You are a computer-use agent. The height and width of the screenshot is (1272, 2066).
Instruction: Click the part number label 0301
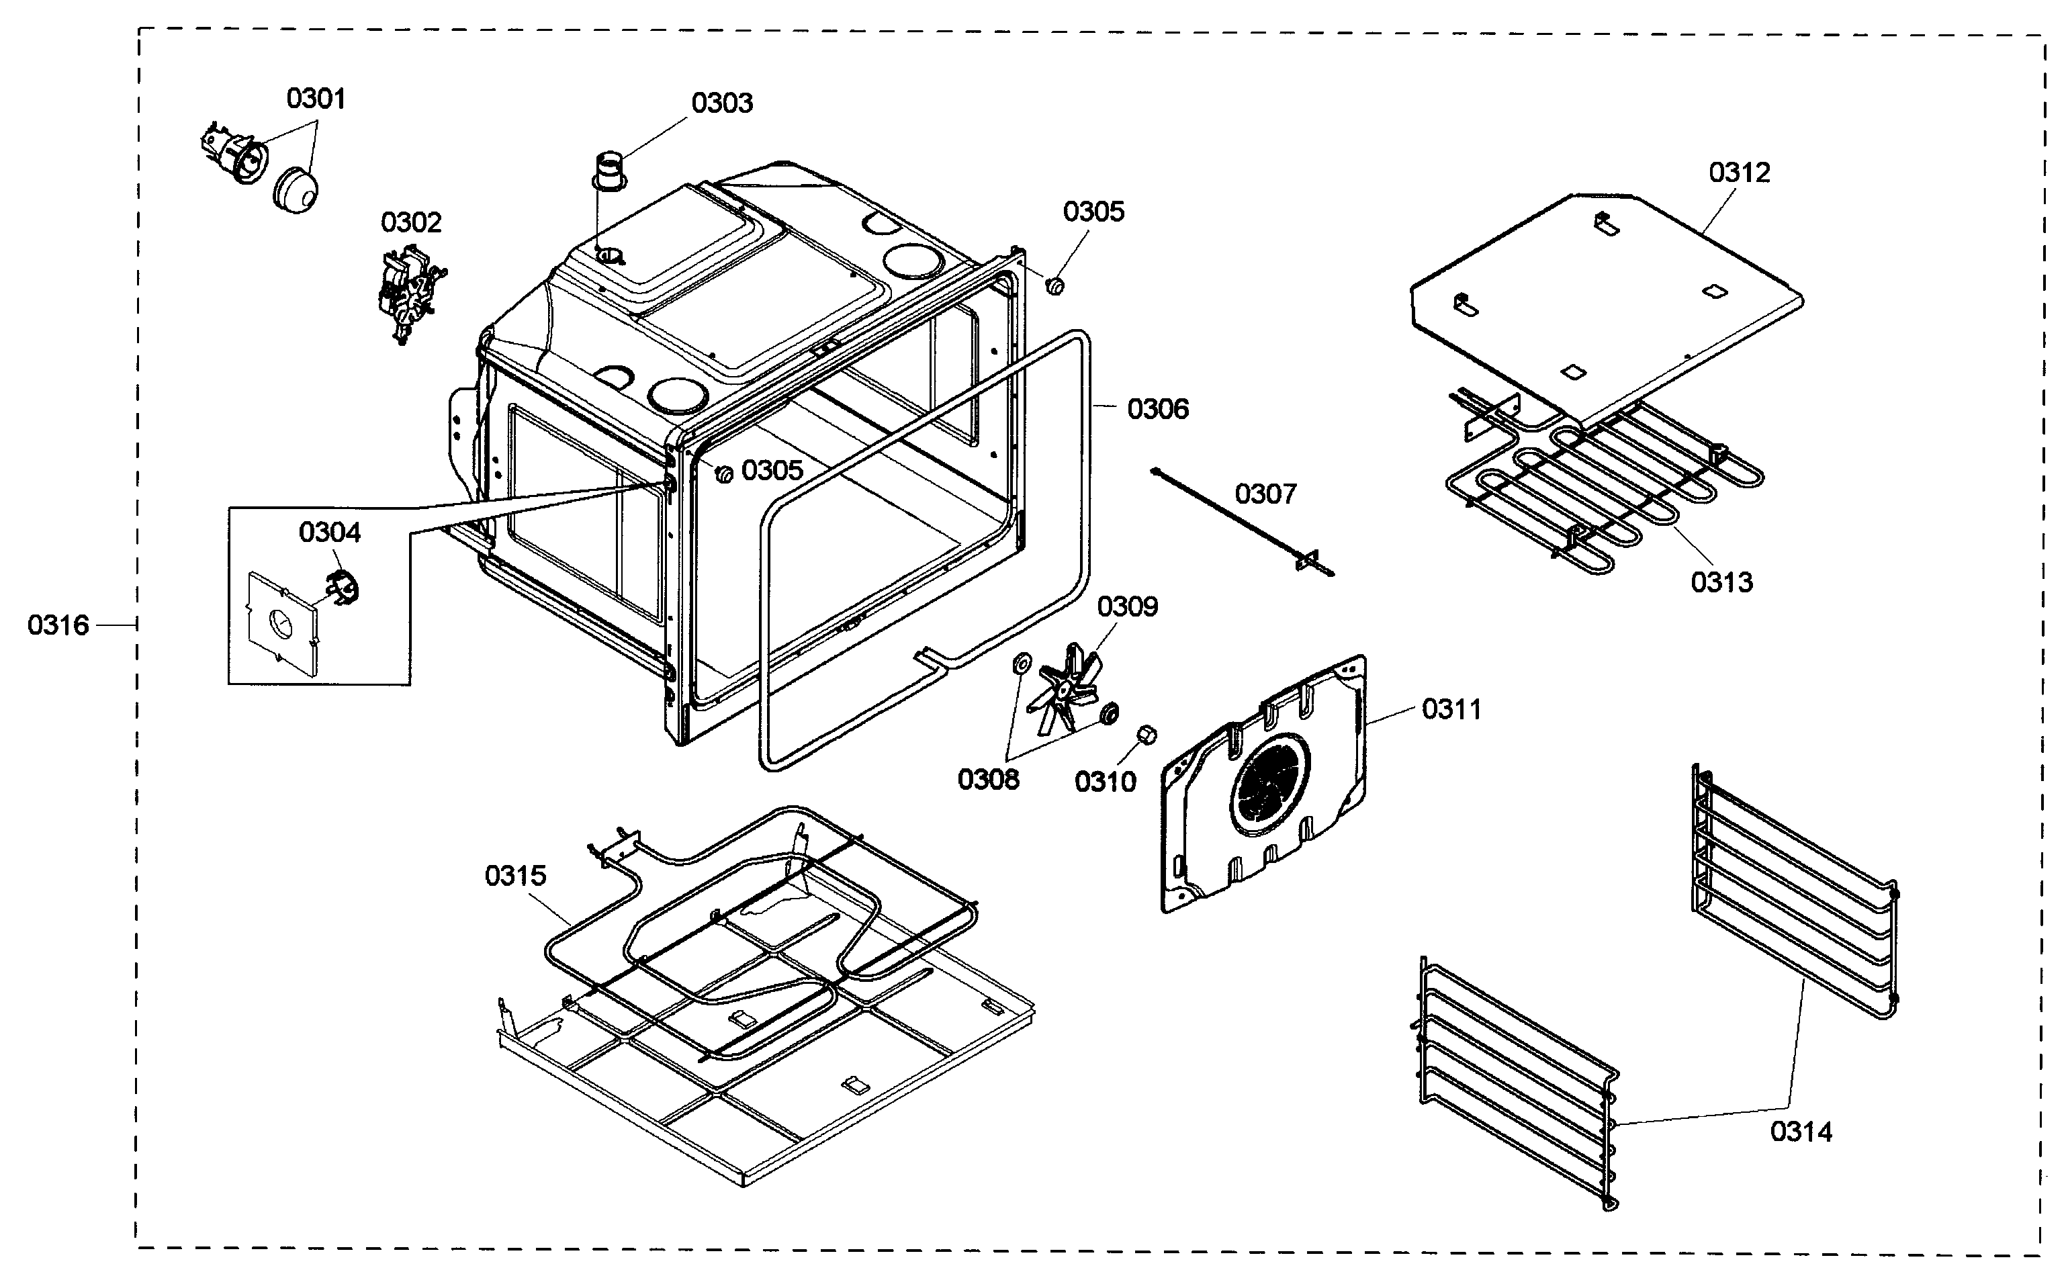316,99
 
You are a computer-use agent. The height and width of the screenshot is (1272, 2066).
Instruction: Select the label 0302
410,222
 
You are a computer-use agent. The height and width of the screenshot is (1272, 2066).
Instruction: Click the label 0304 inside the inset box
329,532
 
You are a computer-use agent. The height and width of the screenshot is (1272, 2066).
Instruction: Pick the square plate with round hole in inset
281,623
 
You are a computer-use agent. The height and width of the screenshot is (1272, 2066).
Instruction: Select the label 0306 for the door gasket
1157,409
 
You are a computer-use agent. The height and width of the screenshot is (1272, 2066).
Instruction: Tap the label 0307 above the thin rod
1265,493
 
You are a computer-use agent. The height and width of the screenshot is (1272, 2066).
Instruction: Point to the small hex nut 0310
1146,735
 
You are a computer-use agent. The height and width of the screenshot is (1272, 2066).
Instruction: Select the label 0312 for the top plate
1739,173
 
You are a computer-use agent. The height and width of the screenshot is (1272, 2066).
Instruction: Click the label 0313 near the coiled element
1721,582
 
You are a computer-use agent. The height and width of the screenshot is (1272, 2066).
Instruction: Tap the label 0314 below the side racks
1800,1132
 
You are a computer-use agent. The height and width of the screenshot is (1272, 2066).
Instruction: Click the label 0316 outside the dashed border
57,625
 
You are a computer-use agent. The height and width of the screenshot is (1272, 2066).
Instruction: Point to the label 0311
1451,709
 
